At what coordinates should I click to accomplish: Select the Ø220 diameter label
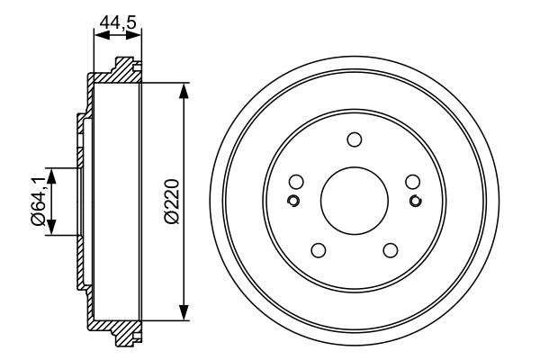pos(172,199)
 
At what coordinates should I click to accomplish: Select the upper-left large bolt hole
pos(295,181)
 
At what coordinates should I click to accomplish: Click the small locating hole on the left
pos(292,200)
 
